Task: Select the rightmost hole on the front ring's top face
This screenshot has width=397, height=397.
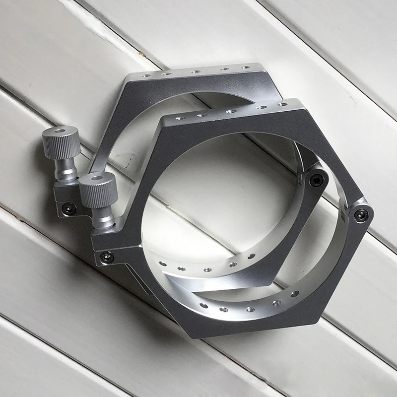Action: click(x=283, y=105)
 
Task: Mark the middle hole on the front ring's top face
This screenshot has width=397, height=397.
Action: click(x=230, y=112)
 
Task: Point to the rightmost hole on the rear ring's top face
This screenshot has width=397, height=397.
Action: click(x=244, y=66)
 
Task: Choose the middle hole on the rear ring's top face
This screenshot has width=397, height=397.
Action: click(x=193, y=71)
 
